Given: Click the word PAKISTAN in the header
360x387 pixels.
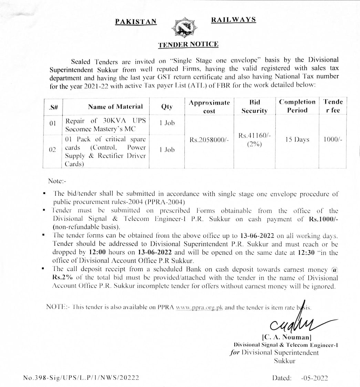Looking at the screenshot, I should coord(136,21).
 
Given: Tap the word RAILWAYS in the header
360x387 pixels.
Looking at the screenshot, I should coord(233,20).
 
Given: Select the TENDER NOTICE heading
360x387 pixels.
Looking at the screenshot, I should coord(188,44).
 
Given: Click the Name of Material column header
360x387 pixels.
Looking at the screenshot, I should coord(115,107).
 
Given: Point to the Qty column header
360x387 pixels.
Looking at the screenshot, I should coord(167,107).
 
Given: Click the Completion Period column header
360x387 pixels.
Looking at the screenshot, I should coord(297,106).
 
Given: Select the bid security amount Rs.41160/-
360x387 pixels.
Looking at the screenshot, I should coord(254,136).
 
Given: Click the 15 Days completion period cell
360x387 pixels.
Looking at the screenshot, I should coord(297,140).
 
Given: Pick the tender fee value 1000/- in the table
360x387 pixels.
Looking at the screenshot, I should coord(332,140).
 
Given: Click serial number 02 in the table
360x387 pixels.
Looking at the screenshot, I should coord(52,150).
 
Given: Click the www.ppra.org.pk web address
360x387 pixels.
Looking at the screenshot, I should coord(199,307).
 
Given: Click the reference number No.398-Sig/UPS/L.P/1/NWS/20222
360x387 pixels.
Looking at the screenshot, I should coord(81,378).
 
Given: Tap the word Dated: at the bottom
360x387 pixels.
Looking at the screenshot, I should coord(282,378).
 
